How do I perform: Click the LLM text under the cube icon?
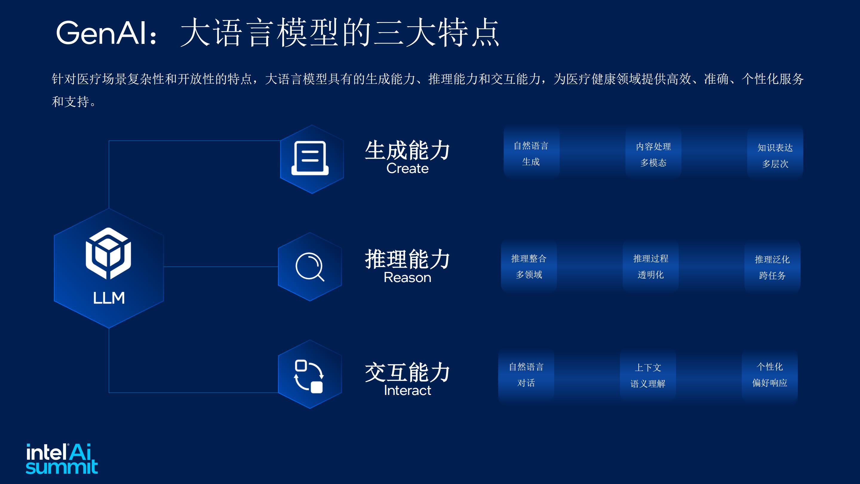(x=109, y=298)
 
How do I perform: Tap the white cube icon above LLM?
(x=108, y=253)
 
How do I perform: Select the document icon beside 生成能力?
(x=310, y=158)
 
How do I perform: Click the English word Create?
(x=407, y=168)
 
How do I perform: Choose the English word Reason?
(x=407, y=278)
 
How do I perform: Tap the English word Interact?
(x=407, y=390)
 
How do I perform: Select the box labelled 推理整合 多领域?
(x=529, y=266)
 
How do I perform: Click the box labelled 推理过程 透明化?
(x=651, y=266)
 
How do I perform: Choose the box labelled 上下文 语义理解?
(x=648, y=376)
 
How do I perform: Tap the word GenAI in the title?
(x=102, y=33)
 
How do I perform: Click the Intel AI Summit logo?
(x=62, y=459)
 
